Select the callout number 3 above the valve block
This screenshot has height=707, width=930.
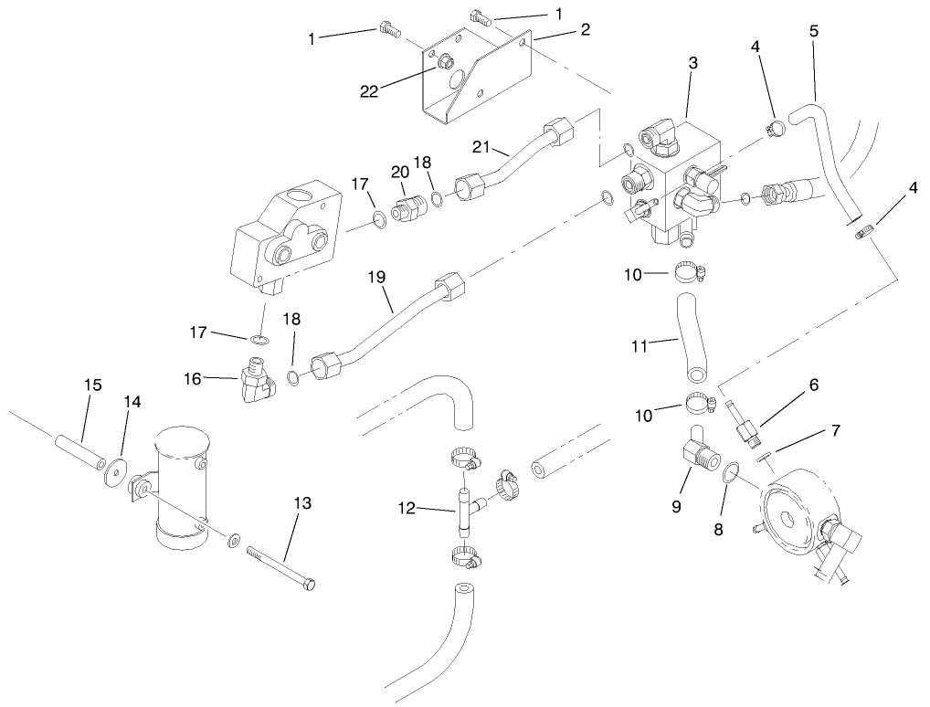693,63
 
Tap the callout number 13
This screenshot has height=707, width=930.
302,503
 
